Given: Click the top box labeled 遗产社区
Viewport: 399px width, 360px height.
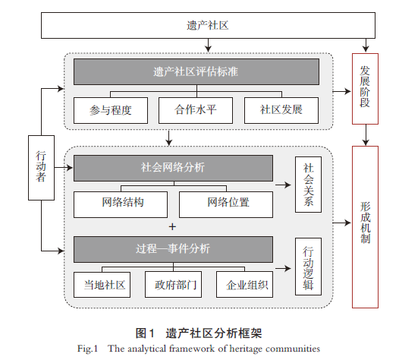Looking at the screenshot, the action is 208,25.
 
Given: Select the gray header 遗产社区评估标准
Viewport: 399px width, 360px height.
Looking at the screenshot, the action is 196,71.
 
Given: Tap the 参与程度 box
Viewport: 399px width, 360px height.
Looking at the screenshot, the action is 111,110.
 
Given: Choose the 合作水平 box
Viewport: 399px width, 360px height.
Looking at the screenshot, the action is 196,110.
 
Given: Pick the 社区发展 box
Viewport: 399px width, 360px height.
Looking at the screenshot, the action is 281,110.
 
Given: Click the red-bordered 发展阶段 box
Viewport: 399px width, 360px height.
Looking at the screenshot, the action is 365,89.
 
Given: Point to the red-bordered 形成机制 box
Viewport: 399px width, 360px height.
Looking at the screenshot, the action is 365,227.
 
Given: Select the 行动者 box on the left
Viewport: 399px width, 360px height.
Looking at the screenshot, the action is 41,168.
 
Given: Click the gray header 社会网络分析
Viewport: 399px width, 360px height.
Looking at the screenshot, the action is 173,168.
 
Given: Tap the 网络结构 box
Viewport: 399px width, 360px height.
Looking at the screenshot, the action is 121,204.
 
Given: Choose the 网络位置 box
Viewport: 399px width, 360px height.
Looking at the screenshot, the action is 226,204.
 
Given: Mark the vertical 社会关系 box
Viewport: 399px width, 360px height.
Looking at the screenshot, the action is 308,185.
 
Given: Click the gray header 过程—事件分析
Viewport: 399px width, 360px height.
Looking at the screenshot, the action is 173,249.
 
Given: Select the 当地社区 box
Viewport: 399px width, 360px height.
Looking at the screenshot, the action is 102,285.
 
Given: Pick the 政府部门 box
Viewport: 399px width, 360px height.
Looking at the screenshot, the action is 173,285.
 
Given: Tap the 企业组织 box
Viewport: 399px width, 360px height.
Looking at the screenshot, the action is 244,285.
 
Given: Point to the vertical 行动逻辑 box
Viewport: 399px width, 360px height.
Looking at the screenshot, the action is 308,267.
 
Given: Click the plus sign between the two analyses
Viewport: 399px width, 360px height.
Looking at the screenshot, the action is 172,227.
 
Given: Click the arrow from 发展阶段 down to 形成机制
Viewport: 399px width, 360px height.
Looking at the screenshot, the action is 366,135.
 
